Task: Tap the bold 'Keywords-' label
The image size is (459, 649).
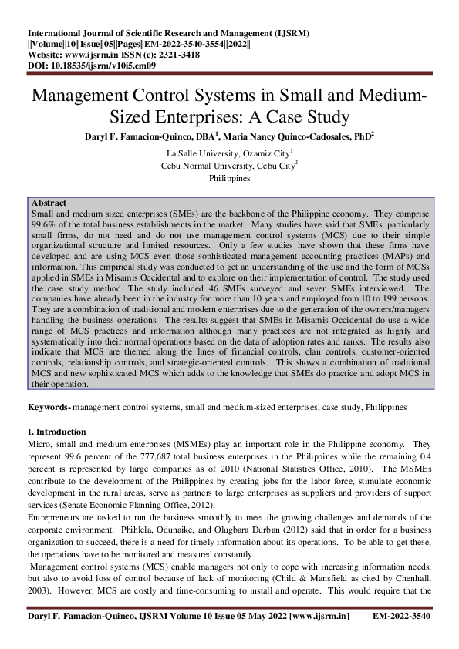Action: [49, 405]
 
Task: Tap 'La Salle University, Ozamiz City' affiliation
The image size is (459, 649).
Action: [229, 153]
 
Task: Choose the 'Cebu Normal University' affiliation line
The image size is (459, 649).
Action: [229, 166]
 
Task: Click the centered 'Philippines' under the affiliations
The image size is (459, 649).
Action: [229, 178]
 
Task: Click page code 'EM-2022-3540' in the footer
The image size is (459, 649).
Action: [401, 617]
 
